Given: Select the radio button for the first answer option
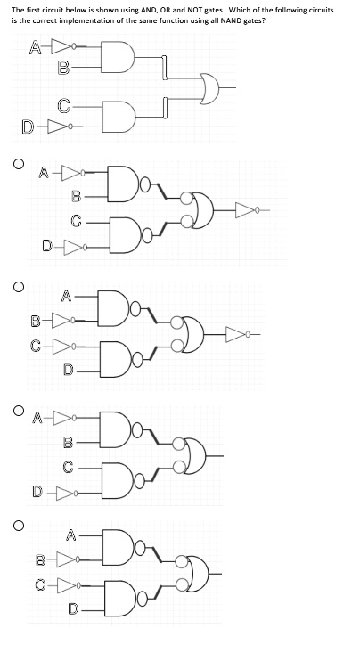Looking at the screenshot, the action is (x=18, y=164).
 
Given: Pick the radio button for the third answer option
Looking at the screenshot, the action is (x=18, y=410).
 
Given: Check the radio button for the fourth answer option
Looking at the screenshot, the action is (x=18, y=526).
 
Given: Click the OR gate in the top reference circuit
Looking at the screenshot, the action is (x=210, y=88).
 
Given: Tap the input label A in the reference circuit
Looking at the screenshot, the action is (x=36, y=48).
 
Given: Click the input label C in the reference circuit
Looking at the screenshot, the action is (x=65, y=106).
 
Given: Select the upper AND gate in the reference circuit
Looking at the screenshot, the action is (x=119, y=57).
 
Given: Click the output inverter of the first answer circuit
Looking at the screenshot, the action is (x=247, y=210).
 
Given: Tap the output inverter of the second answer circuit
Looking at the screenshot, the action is (x=237, y=335).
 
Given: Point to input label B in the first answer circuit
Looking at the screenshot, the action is (x=76, y=196).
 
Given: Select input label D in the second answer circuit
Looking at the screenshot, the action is (x=69, y=370).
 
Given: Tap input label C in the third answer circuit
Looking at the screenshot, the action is (x=69, y=467).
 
